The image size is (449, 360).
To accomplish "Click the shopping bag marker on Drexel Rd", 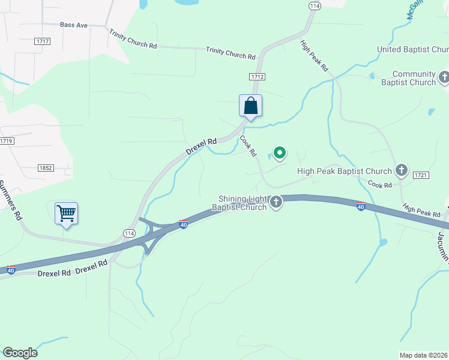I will pos(251,106).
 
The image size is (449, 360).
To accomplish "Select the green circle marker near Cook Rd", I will pos(279,153).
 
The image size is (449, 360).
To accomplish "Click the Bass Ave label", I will pos(74,25).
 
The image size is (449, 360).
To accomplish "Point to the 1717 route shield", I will pos(43,41).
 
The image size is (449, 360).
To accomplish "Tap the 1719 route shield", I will pos(7,141).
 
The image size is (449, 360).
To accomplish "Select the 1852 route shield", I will pos(45,168).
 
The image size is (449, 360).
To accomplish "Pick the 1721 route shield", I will pos(420,175).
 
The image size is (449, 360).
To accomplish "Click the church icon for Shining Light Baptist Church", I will pos(276,202).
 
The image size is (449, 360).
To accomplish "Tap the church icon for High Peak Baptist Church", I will pos(402,171).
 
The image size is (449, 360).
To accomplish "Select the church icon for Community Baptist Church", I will pos(444,77).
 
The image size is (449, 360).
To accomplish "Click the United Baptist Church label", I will pos(412,49).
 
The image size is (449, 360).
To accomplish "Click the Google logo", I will pos(20,353).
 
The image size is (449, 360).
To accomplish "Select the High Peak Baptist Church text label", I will pos(345,172).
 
